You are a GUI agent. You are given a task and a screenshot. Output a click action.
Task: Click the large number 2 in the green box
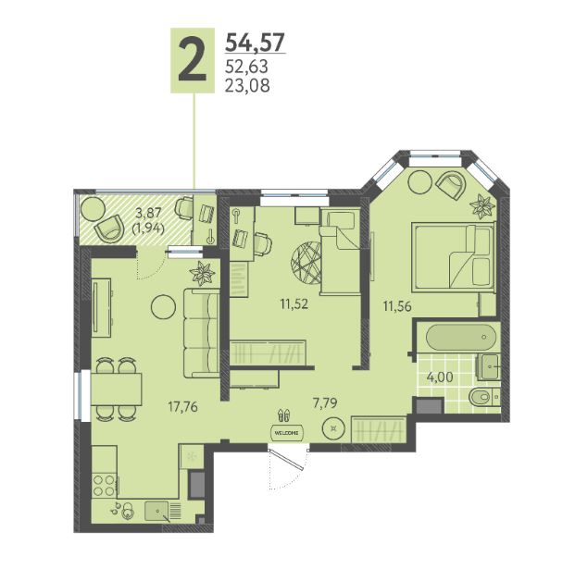coord(193,60)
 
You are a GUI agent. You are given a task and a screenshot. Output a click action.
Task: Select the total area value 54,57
coord(255,43)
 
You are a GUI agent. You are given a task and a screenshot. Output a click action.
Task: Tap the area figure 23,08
coord(247,85)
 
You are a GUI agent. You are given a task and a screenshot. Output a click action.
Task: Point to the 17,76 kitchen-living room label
coord(183,406)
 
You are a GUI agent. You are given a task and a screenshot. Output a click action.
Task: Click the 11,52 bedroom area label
coord(294,303)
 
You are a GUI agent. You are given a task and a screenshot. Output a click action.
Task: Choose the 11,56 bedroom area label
coord(397,305)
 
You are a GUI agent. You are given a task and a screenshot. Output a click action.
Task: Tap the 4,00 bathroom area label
coord(440,377)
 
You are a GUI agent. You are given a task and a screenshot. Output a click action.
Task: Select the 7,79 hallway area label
coord(325,403)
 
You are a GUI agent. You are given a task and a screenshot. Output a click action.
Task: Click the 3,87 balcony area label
coord(148,212)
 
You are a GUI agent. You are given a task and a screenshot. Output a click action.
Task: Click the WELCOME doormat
coord(287,432)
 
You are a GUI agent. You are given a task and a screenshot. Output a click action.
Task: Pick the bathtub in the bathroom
coord(461,337)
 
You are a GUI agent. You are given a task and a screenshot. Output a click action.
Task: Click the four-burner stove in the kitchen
coord(104,485)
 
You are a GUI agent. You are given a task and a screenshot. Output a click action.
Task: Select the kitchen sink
coord(156,511)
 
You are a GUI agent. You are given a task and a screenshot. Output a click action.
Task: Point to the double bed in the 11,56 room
coord(454,257)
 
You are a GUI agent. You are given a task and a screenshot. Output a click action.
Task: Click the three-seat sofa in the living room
coord(201,333)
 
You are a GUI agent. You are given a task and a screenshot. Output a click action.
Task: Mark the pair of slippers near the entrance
coord(284,415)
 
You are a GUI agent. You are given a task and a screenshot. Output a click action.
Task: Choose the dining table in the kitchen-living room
coord(117,390)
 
